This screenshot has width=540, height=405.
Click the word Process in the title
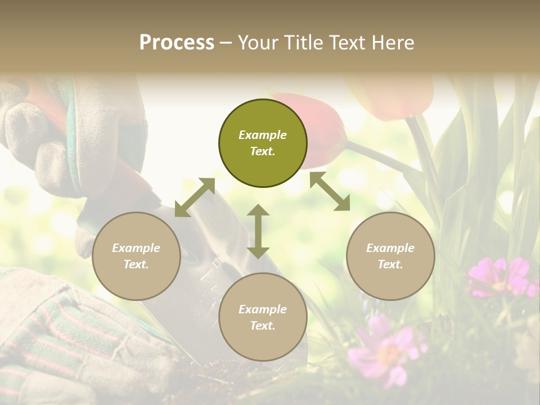coord(177,43)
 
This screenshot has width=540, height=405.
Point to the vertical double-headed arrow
coord(258,231)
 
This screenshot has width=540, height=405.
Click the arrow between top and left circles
coord(195,197)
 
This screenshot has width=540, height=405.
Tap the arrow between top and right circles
coord(330,191)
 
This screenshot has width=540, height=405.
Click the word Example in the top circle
coord(263,135)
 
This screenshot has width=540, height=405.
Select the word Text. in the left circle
coord(136,264)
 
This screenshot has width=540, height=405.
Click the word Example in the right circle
coord(390,248)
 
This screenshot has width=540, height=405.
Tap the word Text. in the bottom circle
coord(263,326)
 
